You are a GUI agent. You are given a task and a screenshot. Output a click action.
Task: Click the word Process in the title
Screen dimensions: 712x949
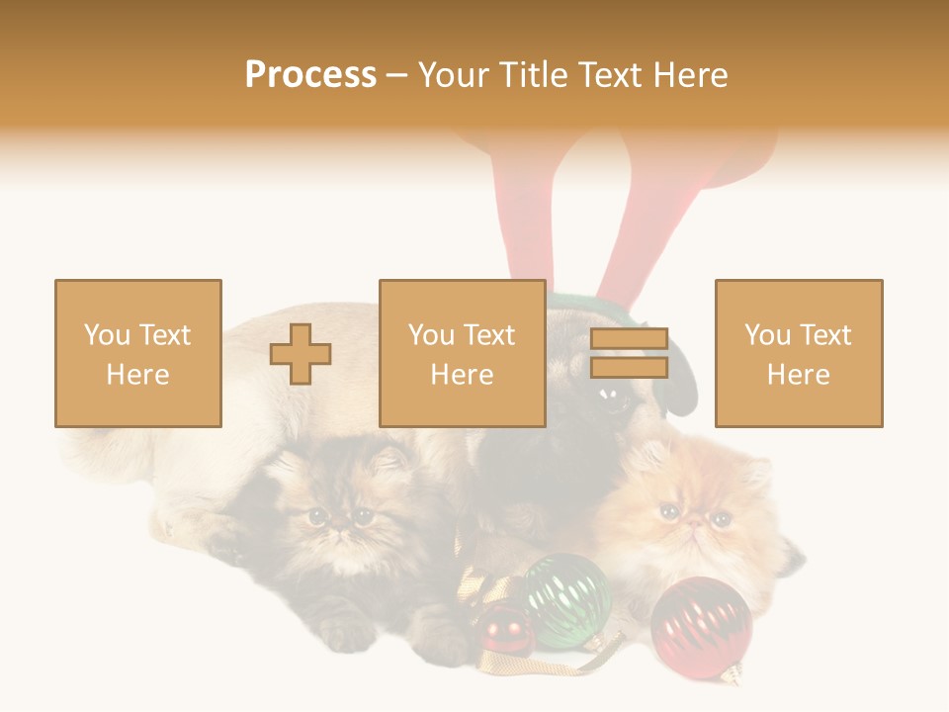click(310, 75)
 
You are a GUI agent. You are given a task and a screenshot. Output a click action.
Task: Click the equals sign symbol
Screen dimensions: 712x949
click(630, 353)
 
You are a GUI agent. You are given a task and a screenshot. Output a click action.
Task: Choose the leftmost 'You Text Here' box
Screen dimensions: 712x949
click(138, 353)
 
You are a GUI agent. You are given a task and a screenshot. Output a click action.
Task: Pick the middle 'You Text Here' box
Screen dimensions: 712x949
click(463, 353)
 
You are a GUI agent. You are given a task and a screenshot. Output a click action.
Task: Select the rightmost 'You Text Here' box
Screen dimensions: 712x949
click(799, 353)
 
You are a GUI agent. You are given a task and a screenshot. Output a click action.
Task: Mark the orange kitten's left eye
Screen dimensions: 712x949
click(669, 510)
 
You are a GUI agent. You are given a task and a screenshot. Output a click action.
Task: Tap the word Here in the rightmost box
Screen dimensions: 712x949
click(799, 375)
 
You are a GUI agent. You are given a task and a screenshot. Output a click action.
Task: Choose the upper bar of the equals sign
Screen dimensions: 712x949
click(630, 338)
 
